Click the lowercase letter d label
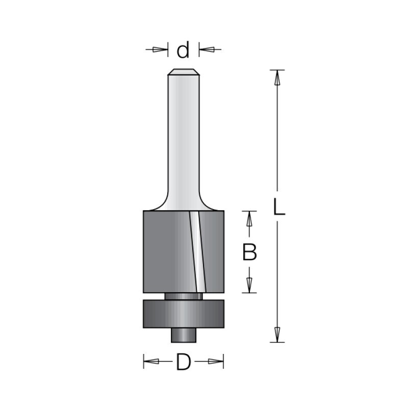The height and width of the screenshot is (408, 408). pos(183,49)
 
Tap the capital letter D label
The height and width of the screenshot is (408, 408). pos(184,362)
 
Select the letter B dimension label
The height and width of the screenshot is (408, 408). pos(249,252)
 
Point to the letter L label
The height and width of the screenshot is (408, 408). pos(279,207)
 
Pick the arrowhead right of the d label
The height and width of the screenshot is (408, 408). pos(208,49)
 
